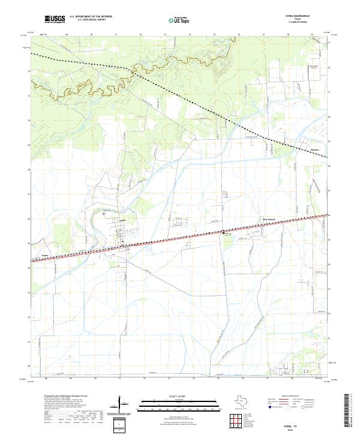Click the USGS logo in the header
55,19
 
